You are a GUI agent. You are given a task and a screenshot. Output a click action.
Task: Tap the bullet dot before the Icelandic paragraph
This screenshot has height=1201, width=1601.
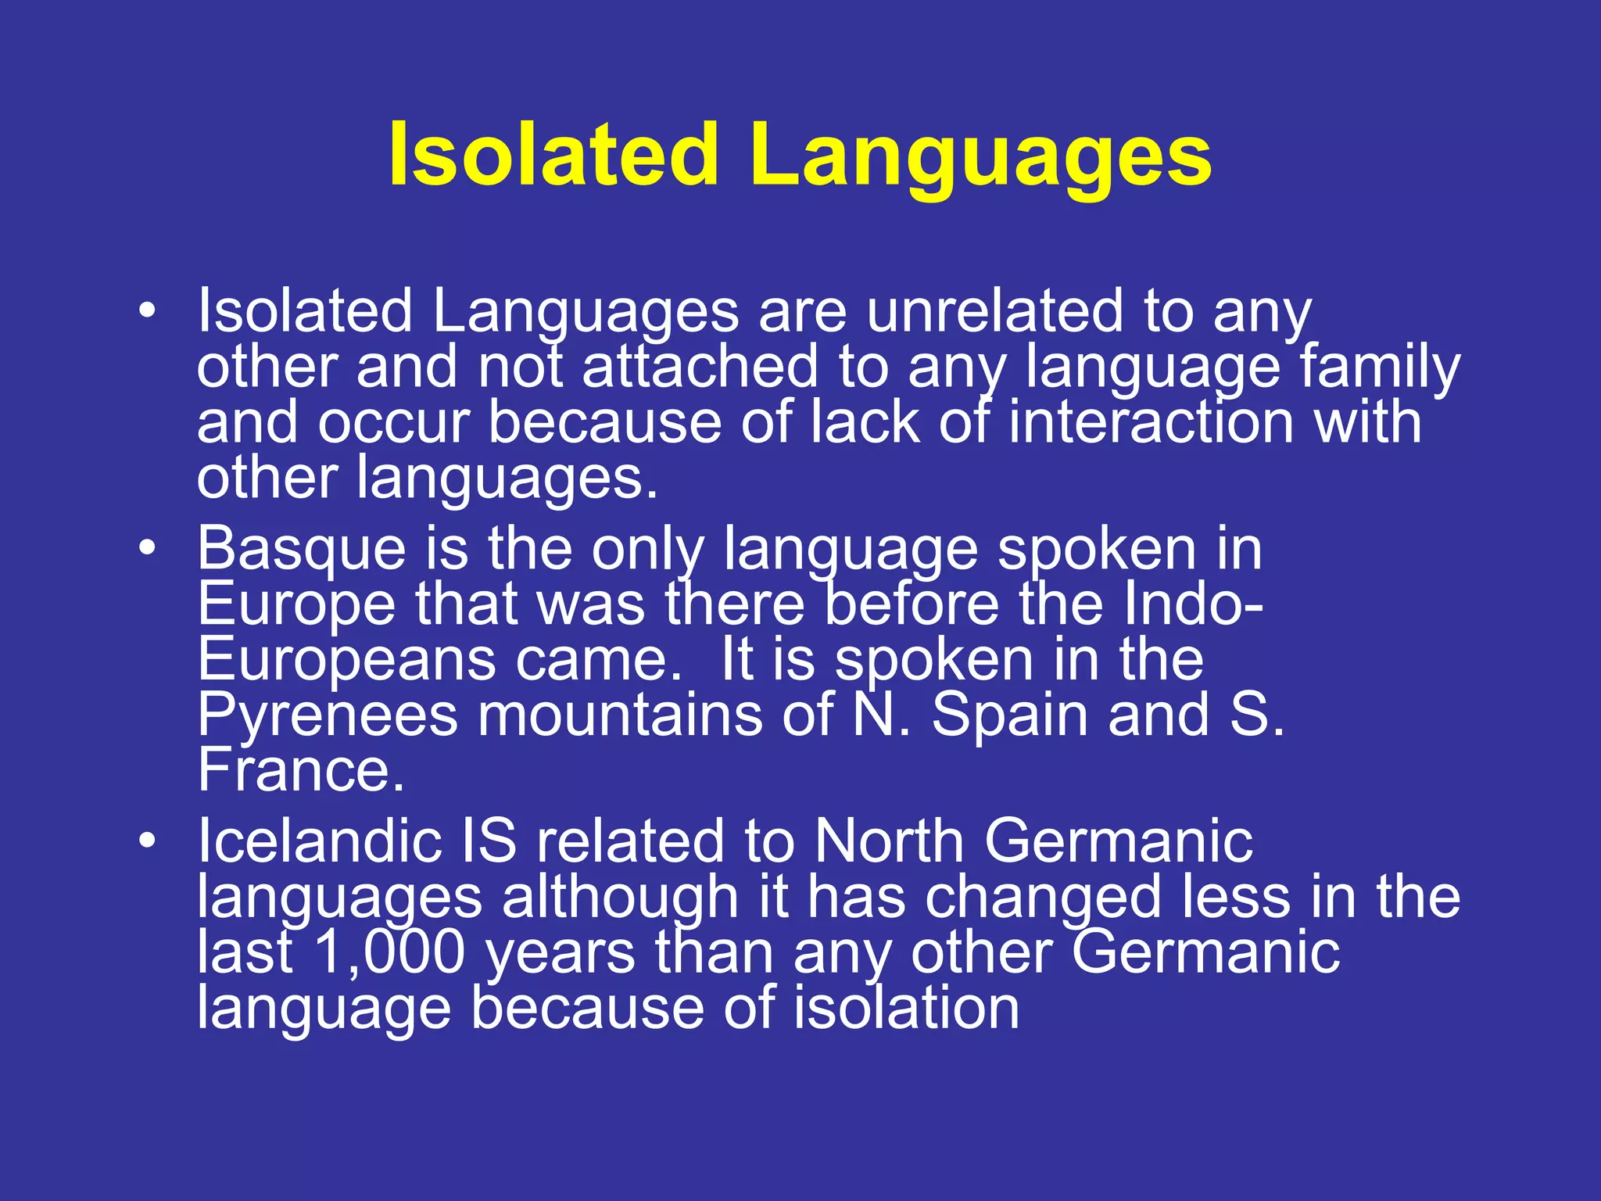coord(147,841)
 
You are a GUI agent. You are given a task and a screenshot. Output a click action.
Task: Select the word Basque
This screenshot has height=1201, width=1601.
coord(301,550)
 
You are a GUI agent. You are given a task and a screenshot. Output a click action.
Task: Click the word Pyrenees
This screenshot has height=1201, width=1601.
coord(327,716)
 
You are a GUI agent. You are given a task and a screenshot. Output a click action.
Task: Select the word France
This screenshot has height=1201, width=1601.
coord(300,771)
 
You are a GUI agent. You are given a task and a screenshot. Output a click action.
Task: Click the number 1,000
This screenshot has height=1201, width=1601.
coord(389,953)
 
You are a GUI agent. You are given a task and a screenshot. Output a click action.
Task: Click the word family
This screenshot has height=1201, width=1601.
coord(1379,367)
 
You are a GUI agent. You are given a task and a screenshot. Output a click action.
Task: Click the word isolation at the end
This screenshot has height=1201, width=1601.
coord(906,1009)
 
